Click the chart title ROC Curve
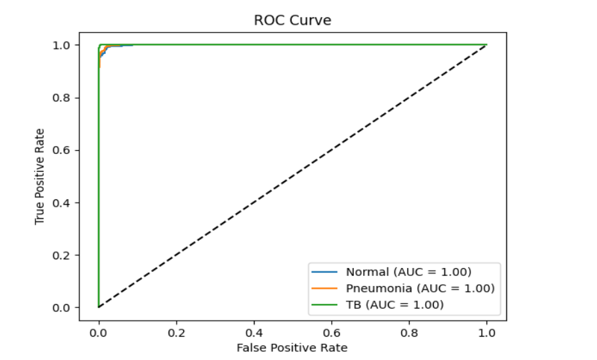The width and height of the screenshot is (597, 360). pyautogui.click(x=293, y=20)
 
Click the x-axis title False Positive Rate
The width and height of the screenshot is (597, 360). pyautogui.click(x=293, y=347)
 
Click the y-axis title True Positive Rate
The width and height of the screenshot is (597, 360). pyautogui.click(x=40, y=176)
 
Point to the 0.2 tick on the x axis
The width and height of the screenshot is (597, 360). pyautogui.click(x=177, y=331)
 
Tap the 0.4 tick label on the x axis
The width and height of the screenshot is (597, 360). pyautogui.click(x=254, y=331)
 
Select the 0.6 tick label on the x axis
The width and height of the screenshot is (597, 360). pyautogui.click(x=332, y=331)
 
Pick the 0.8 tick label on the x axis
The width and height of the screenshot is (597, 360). pyautogui.click(x=409, y=331)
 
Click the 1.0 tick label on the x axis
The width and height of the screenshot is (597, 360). pyautogui.click(x=486, y=331)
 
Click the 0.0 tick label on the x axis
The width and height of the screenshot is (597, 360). pyautogui.click(x=99, y=331)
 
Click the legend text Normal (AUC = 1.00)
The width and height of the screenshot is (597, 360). pyautogui.click(x=408, y=272)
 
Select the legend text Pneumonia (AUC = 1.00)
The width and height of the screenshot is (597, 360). pyautogui.click(x=420, y=288)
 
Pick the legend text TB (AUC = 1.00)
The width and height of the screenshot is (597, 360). pyautogui.click(x=394, y=305)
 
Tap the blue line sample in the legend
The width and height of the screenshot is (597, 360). pyautogui.click(x=325, y=272)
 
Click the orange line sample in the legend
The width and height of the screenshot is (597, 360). pyautogui.click(x=325, y=289)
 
